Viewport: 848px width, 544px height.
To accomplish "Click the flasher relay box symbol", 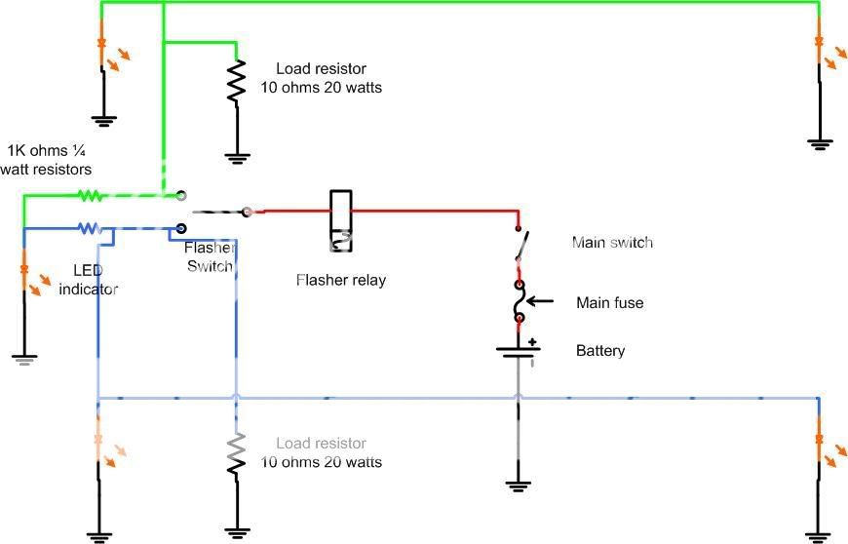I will (x=341, y=221).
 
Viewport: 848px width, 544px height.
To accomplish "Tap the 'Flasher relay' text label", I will (x=341, y=281).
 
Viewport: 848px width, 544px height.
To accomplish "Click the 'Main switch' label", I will (x=612, y=242).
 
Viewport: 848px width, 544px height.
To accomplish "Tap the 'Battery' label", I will (x=600, y=351).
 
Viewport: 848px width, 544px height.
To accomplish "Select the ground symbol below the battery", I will (x=520, y=483).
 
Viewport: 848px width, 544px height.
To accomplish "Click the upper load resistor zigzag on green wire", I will (x=236, y=83).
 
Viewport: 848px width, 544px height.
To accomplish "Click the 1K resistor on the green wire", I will (x=90, y=195).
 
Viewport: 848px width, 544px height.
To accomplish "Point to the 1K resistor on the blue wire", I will (x=89, y=228).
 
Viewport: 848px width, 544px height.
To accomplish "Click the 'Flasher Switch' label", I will (x=209, y=257).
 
